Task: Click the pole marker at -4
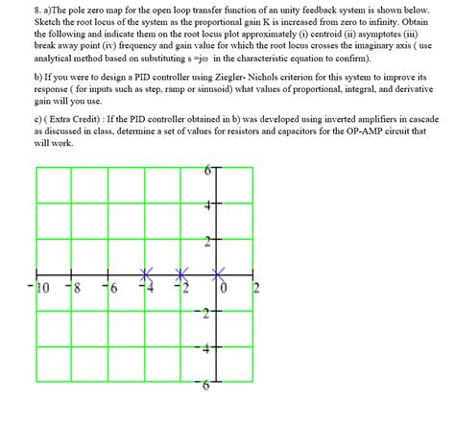click(147, 275)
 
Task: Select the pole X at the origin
click(220, 275)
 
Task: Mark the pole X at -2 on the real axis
click(183, 275)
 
